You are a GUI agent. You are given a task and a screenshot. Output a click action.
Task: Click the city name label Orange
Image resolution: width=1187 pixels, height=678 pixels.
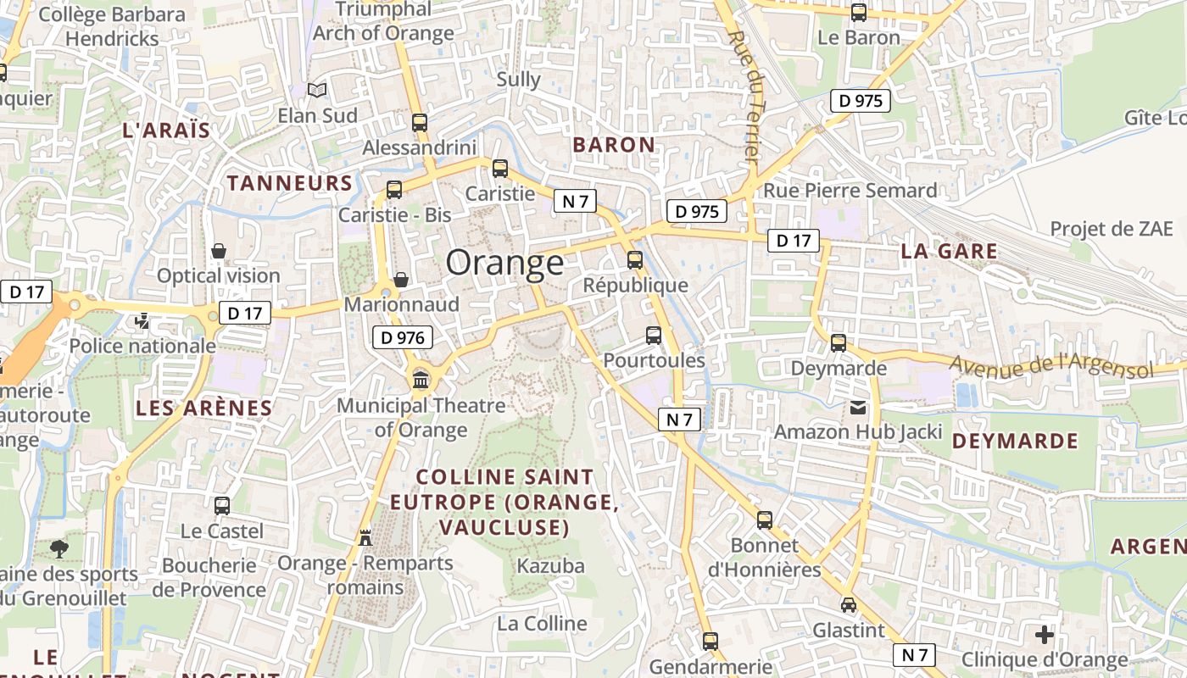(504, 263)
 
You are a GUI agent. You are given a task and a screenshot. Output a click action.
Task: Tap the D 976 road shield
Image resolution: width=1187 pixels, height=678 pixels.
(403, 338)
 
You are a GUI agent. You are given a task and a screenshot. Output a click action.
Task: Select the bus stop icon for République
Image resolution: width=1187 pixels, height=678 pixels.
(635, 260)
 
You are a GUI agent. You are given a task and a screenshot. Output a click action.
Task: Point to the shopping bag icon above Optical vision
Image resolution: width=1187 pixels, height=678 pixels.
(219, 251)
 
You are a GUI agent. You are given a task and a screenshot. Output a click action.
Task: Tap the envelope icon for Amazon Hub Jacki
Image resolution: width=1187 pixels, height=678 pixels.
(858, 408)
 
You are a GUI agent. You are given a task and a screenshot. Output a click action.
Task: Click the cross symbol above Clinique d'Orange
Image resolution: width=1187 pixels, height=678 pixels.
(1045, 634)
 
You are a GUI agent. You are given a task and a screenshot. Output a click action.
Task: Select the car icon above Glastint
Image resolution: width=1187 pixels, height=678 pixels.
(849, 605)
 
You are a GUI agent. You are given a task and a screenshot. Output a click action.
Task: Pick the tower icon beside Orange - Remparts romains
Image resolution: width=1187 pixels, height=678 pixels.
(365, 537)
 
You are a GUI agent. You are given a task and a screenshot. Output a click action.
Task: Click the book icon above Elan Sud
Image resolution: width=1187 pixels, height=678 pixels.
(317, 90)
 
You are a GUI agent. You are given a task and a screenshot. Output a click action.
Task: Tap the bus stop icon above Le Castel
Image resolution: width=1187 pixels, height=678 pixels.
(222, 506)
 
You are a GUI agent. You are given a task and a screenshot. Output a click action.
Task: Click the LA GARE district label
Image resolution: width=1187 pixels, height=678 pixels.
(949, 252)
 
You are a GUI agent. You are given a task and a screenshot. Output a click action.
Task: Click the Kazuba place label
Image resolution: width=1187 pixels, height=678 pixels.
(551, 566)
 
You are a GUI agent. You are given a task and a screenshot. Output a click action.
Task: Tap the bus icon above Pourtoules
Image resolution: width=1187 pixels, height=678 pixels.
(654, 335)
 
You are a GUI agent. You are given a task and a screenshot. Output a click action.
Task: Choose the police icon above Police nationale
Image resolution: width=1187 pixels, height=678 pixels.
(142, 321)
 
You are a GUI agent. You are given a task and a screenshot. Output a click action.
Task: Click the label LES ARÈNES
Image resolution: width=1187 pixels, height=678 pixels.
(204, 408)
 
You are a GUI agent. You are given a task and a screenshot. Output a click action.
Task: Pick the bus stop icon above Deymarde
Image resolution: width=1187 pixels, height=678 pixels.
(839, 343)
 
